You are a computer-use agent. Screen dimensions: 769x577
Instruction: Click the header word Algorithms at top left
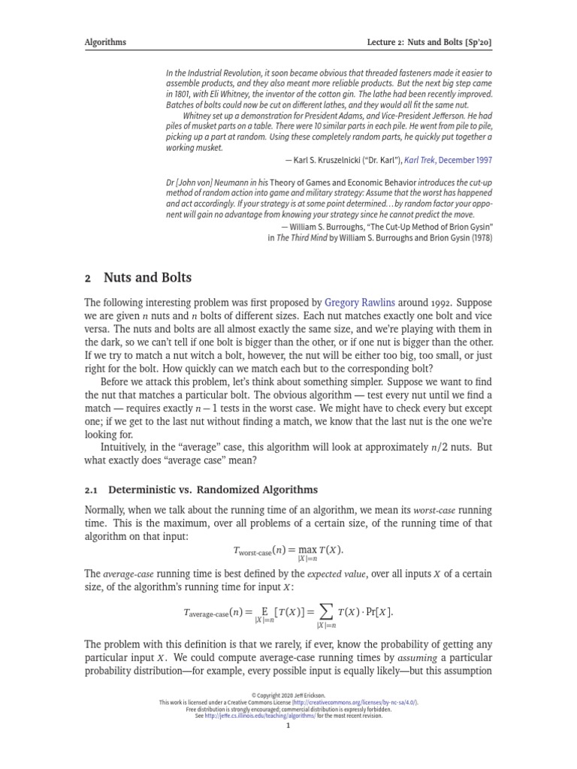click(x=105, y=42)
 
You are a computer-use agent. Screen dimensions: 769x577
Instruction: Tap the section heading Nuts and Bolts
click(x=147, y=278)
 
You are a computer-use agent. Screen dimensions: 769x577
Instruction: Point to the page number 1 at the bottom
click(x=288, y=725)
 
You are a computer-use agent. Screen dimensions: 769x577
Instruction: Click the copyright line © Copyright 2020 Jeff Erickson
click(x=288, y=695)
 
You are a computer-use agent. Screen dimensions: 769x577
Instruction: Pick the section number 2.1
click(x=92, y=490)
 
